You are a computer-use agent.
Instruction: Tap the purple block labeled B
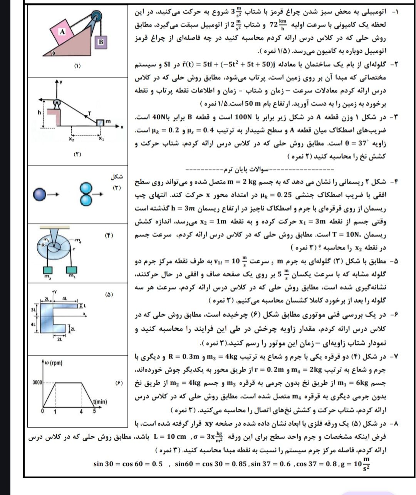click(101, 42)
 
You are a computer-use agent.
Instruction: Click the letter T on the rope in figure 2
click(89, 113)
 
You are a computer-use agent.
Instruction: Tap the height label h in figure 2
click(39, 112)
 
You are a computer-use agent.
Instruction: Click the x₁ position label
click(101, 139)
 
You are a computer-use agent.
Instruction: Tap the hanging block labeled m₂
click(48, 269)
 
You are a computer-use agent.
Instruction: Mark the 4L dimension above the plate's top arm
click(64, 299)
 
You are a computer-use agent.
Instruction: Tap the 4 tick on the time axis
click(81, 411)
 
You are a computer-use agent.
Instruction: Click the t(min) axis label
click(99, 402)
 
